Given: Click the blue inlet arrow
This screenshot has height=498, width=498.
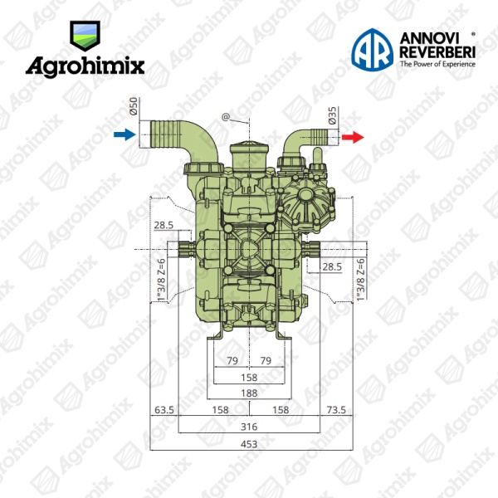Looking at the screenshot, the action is [124, 134].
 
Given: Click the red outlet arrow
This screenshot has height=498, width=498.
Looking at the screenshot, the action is [353, 137].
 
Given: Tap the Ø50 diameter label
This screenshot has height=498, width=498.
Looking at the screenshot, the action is [134, 106].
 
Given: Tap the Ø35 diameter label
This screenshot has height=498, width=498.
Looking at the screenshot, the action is [332, 115].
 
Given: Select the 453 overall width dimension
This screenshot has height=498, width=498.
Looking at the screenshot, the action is [249, 444].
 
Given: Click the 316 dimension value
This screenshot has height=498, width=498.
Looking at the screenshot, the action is [249, 427].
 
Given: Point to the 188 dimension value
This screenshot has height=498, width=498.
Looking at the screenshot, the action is [249, 393].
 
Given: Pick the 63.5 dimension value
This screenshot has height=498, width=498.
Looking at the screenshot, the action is [164, 410].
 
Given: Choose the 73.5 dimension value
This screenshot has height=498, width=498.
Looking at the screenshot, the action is [336, 410].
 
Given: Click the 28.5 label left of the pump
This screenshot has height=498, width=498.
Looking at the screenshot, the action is [164, 225].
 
